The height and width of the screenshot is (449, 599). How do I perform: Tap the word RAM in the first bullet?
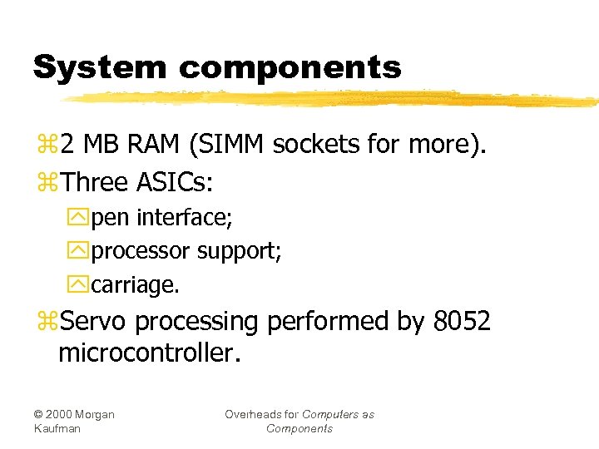tap(155, 145)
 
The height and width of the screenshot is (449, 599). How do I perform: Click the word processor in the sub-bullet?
tap(141, 252)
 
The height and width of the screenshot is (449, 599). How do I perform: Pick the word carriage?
tap(135, 285)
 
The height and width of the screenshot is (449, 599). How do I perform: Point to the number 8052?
tap(462, 321)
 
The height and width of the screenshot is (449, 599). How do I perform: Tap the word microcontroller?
tap(149, 354)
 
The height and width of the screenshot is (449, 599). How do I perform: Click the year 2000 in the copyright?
tap(63, 414)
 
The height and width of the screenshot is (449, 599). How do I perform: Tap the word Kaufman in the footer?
tap(57, 428)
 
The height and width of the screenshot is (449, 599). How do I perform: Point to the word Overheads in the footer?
tap(261, 414)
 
